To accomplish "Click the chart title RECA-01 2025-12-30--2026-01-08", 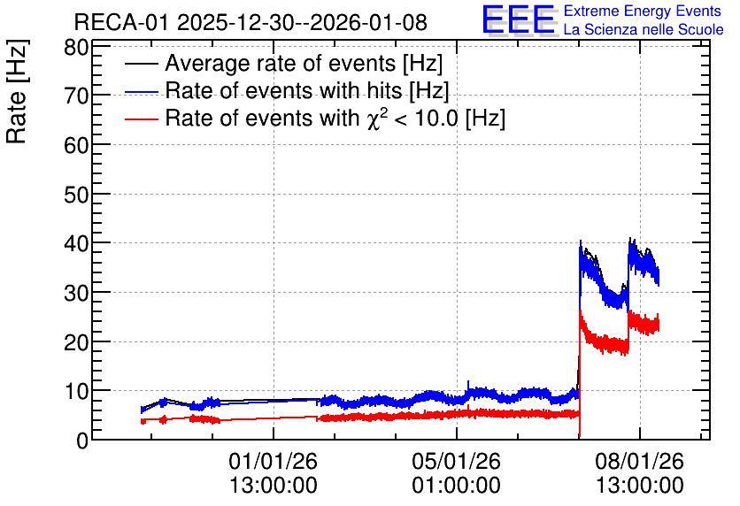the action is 251,22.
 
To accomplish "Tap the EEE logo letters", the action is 519,20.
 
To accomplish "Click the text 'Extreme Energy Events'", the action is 643,11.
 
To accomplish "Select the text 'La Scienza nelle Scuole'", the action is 644,29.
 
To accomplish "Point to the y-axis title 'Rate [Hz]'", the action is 17,91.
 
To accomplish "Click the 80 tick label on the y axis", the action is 76,47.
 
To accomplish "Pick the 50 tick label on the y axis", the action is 76,195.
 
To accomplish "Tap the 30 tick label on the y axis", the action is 76,293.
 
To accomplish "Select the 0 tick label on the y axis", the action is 82,441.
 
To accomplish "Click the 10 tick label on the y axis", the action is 76,391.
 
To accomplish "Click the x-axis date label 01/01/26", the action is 274,461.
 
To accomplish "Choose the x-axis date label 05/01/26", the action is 457,461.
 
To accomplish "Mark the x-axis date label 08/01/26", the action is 639,461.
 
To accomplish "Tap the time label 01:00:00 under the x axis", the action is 457,486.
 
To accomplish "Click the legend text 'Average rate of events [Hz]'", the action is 304,63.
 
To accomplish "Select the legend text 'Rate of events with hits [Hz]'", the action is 307,90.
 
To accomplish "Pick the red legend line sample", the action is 142,119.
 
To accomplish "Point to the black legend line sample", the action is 142,64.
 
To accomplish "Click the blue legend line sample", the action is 142,92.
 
